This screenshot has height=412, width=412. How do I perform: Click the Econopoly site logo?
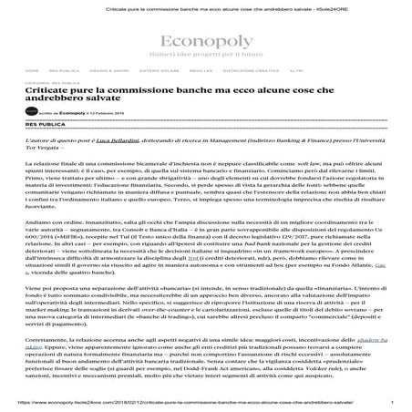coord(206,41)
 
